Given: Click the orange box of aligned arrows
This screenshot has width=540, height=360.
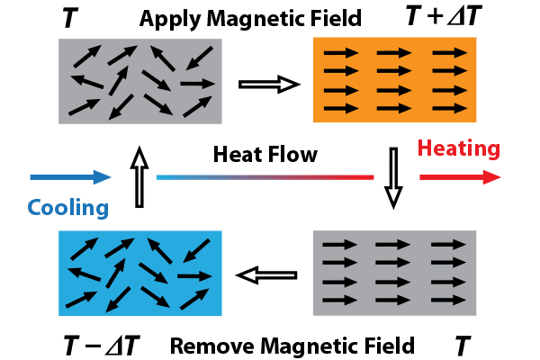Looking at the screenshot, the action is click(x=394, y=80).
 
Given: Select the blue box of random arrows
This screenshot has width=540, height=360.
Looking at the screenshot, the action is click(x=140, y=274).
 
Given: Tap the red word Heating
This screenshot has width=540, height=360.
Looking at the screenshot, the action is click(x=458, y=148).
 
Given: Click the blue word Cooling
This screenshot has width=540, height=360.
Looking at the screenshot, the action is click(x=68, y=208).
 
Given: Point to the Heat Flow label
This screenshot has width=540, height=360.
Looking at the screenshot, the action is click(x=265, y=154).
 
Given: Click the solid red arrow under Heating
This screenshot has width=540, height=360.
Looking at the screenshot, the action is click(x=460, y=177).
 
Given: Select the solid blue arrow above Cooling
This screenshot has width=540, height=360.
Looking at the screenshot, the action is click(x=70, y=177).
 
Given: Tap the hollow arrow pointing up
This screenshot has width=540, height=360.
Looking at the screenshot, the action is click(x=139, y=176).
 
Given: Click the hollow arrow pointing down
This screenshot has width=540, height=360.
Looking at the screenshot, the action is click(x=393, y=178).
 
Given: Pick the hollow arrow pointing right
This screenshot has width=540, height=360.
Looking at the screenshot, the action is click(x=269, y=85).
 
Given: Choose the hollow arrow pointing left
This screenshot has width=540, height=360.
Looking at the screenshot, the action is click(x=266, y=275).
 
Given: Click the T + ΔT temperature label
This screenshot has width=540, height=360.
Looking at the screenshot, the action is click(x=444, y=16).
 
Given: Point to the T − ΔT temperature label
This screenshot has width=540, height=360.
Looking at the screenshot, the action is click(x=102, y=346).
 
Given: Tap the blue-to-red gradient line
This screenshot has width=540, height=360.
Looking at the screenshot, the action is click(x=265, y=177).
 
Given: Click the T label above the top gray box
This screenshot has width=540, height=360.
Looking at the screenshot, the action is click(x=70, y=18).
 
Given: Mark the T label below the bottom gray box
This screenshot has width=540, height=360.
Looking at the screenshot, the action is click(x=463, y=346).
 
